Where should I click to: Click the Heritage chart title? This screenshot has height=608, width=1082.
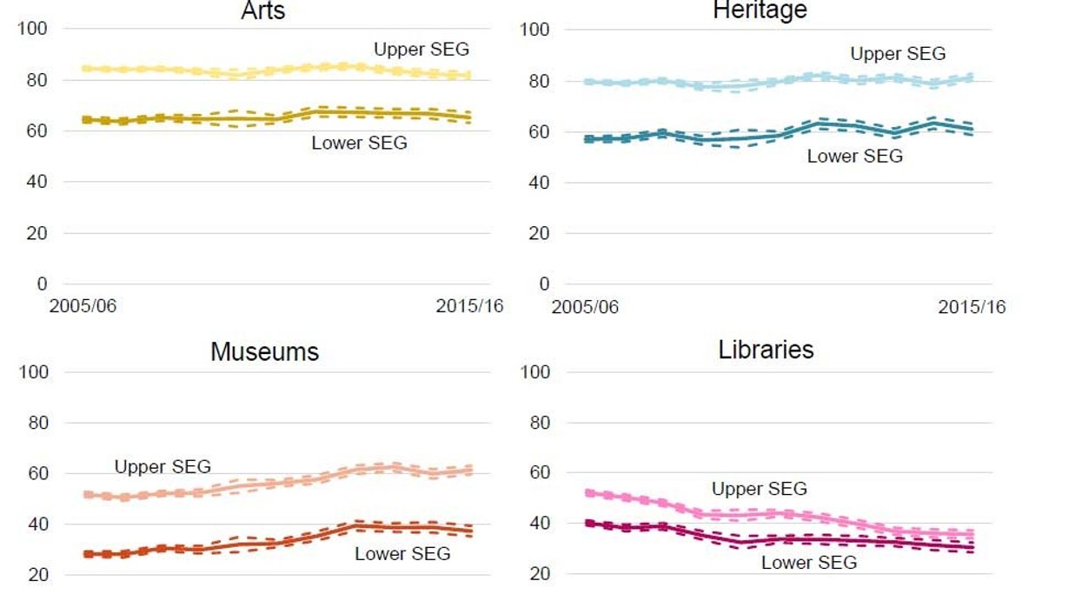click(x=760, y=10)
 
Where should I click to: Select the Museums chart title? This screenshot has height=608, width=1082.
click(x=264, y=351)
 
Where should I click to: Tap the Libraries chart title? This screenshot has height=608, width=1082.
click(x=766, y=350)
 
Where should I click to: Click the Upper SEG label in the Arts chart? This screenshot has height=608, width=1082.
click(x=422, y=49)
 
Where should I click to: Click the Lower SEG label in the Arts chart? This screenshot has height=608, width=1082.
click(x=359, y=143)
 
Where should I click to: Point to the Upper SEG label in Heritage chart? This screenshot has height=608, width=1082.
click(x=898, y=54)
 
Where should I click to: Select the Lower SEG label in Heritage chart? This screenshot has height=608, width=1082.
click(x=854, y=157)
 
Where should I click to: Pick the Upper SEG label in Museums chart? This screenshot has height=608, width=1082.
click(x=163, y=467)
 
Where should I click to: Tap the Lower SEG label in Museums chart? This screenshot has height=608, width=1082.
click(x=402, y=554)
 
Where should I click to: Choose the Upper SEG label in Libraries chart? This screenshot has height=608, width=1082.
click(x=759, y=489)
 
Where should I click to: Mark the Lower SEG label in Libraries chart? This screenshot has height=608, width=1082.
click(x=808, y=563)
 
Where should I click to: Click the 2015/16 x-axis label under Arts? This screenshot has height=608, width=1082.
click(x=469, y=307)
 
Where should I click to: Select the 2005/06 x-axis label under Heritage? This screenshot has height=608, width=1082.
click(x=585, y=307)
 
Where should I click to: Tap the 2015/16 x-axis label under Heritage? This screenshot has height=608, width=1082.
click(x=972, y=307)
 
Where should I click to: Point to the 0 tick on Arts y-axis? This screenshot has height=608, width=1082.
click(x=42, y=284)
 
